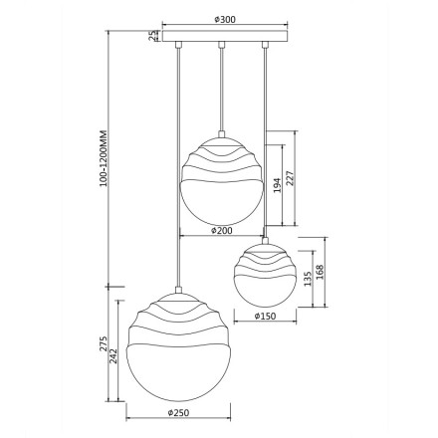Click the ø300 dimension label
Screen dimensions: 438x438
click(225, 20)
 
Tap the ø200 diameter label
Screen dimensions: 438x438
click(222, 230)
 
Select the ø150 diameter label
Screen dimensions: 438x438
click(265, 316)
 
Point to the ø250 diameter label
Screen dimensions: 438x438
click(178, 413)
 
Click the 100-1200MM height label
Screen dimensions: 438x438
click(104, 158)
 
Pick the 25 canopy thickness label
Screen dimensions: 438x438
click(152, 36)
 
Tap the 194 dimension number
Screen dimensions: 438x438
click(277, 185)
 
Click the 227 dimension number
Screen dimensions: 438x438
click(290, 178)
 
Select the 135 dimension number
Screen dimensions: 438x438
click(308, 279)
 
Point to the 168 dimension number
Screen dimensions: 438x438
click(320, 272)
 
